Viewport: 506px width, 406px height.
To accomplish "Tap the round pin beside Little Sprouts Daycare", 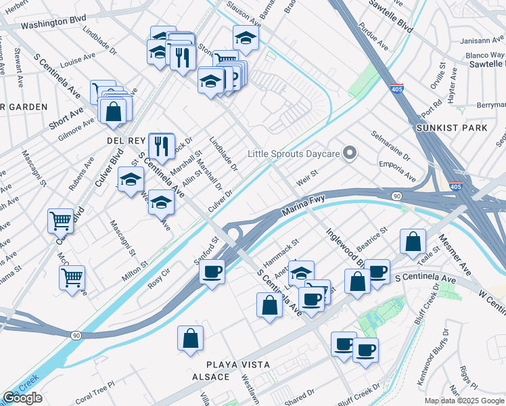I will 349,154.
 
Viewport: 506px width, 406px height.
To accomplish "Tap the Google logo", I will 22,398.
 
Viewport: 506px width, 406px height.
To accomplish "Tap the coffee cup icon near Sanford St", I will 212,271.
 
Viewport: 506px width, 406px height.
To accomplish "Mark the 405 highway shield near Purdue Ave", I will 398,88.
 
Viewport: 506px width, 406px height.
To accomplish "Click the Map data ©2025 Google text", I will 463,401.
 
